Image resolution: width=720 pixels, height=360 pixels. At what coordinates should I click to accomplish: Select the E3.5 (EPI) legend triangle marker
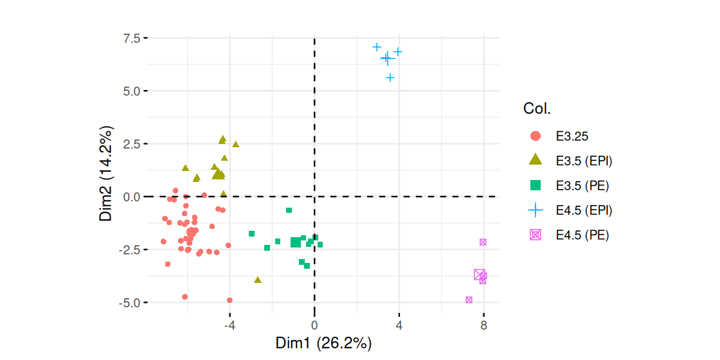coord(535,161)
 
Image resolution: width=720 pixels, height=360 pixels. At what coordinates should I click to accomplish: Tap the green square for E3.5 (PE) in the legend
coord(535,186)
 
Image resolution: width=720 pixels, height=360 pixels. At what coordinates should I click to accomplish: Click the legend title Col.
coord(537,109)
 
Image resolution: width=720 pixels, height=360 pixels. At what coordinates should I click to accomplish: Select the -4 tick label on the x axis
coord(230,325)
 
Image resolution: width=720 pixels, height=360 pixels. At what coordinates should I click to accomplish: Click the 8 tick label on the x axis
coord(483,325)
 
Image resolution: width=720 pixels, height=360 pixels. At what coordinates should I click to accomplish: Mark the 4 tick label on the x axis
coord(399,325)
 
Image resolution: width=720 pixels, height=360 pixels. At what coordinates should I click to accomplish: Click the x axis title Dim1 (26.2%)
coord(323,343)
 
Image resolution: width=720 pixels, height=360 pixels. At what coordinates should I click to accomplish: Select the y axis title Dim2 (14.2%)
coord(107,175)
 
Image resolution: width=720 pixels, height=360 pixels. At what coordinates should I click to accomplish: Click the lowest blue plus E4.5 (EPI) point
coord(390,78)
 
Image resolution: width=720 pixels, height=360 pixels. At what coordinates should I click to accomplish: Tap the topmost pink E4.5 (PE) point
coord(483,242)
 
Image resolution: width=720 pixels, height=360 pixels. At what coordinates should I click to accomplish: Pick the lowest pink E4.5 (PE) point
coord(469,300)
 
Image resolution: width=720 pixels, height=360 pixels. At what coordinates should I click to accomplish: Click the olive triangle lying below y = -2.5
coord(258,280)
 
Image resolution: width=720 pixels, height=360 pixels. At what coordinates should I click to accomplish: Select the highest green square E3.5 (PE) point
coord(289,210)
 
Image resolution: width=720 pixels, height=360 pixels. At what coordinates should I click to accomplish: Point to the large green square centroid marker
coord(296,242)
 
